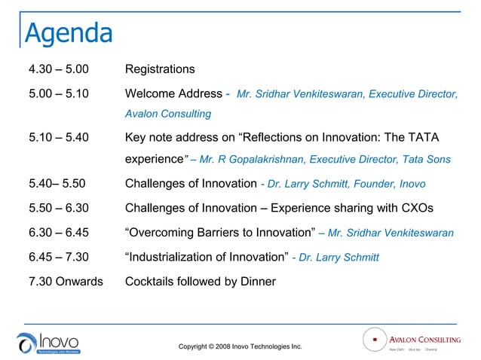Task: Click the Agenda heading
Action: tap(69, 33)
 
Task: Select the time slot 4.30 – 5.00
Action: tap(58, 69)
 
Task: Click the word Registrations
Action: tap(160, 69)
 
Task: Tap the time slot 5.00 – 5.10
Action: tap(58, 94)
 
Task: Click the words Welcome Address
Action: tap(174, 94)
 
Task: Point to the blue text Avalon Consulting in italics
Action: tap(167, 114)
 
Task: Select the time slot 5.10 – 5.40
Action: tap(58, 139)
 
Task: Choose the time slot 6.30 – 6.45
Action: tap(58, 233)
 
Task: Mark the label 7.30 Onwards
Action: tap(66, 282)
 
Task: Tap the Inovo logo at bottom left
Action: tap(49, 343)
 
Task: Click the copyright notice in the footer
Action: tap(240, 346)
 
